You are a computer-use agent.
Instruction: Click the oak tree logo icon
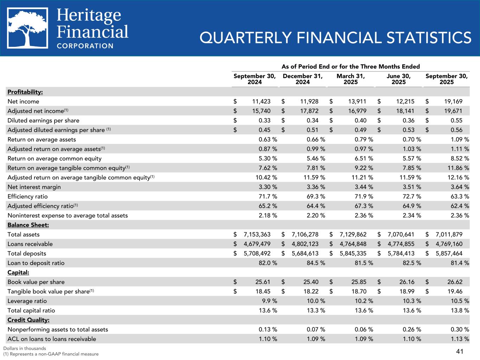coord(27,28)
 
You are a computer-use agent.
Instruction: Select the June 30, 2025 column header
coord(398,79)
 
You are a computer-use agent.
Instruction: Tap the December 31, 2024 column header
coord(302,79)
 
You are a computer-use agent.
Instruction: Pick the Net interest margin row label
coord(34,187)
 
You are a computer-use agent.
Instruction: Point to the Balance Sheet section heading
coord(28,225)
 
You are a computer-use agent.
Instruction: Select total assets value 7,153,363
coord(256,234)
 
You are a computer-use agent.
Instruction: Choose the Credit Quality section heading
coord(28,320)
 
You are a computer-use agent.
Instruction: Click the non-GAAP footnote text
coord(51,354)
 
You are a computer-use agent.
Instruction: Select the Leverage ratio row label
coord(27,301)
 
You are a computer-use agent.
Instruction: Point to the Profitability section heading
coord(25,92)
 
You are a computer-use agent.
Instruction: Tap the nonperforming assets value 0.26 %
coord(411,329)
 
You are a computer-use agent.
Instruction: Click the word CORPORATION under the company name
coord(85,46)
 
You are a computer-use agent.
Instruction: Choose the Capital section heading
coord(18,272)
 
